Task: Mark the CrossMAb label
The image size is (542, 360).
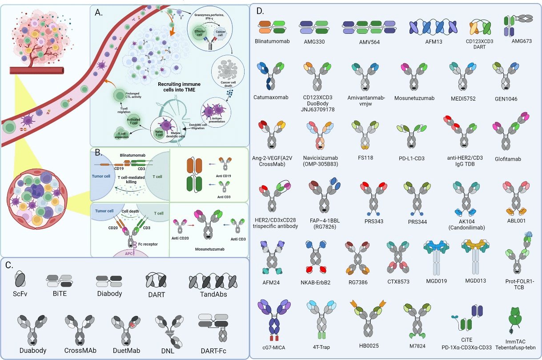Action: coord(80,351)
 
